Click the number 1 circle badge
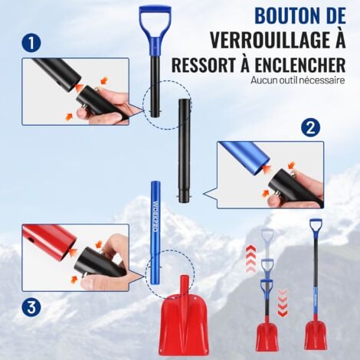(31, 44)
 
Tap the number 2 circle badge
(309, 127)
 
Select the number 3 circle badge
(31, 309)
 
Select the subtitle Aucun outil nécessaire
(297, 80)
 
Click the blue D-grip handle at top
(155, 18)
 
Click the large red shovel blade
(183, 322)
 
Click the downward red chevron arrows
(283, 302)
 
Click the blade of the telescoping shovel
(267, 335)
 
